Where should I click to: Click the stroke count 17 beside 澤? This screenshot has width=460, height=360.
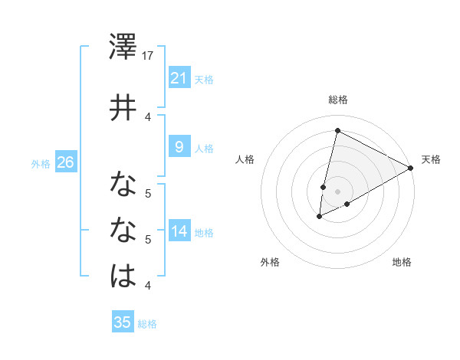(149, 55)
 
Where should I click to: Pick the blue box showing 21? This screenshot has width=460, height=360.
(179, 78)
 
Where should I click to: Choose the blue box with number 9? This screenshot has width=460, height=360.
(179, 147)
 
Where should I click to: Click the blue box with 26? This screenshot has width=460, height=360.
(65, 162)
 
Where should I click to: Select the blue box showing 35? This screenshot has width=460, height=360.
(122, 322)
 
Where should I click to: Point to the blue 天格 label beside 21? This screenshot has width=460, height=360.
(204, 79)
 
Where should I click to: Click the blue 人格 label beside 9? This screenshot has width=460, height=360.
(204, 148)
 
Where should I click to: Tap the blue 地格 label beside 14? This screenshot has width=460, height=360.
(204, 232)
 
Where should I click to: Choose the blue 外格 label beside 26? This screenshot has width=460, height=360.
(41, 163)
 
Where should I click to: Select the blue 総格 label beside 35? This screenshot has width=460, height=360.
(147, 324)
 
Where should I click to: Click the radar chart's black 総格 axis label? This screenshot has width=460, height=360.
(337, 100)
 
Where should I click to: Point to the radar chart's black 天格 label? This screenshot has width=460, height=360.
(431, 159)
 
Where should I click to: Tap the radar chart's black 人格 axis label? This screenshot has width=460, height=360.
(245, 159)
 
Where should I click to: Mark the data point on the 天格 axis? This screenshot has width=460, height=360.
(411, 168)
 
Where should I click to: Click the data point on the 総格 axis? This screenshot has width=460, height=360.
(337, 131)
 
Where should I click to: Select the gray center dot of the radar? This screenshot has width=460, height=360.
(337, 191)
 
